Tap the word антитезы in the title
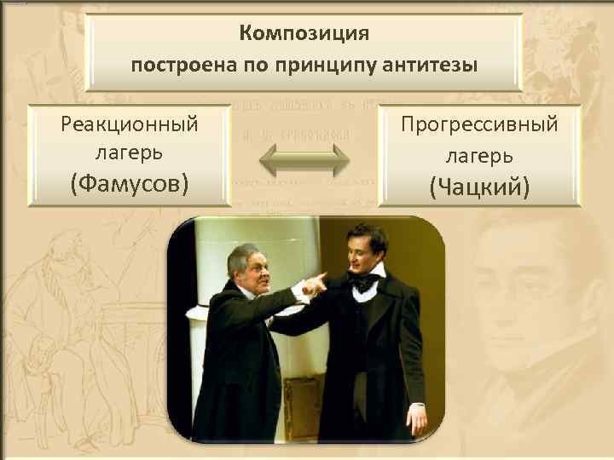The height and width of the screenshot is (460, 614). coord(435,65)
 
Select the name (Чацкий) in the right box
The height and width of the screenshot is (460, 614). coord(479,186)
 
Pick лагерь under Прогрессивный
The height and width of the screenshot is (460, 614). coord(479,156)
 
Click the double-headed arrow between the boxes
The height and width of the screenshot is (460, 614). coord(304,160)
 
